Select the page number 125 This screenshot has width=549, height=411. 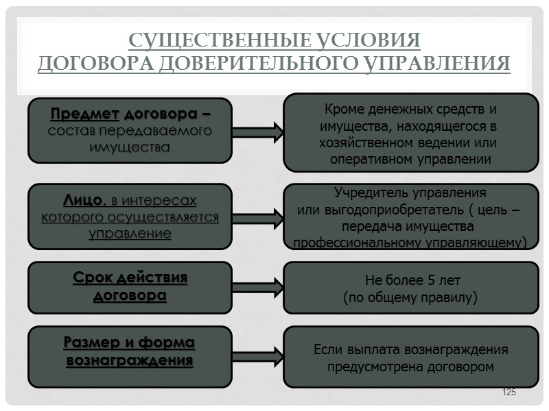coord(509,392)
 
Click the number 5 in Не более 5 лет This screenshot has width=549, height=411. coord(430,281)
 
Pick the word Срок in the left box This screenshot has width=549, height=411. coord(90,279)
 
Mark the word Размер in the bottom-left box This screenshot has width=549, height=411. coord(90,342)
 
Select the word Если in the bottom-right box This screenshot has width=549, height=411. coord(328,350)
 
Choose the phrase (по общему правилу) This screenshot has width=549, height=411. coord(410,298)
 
